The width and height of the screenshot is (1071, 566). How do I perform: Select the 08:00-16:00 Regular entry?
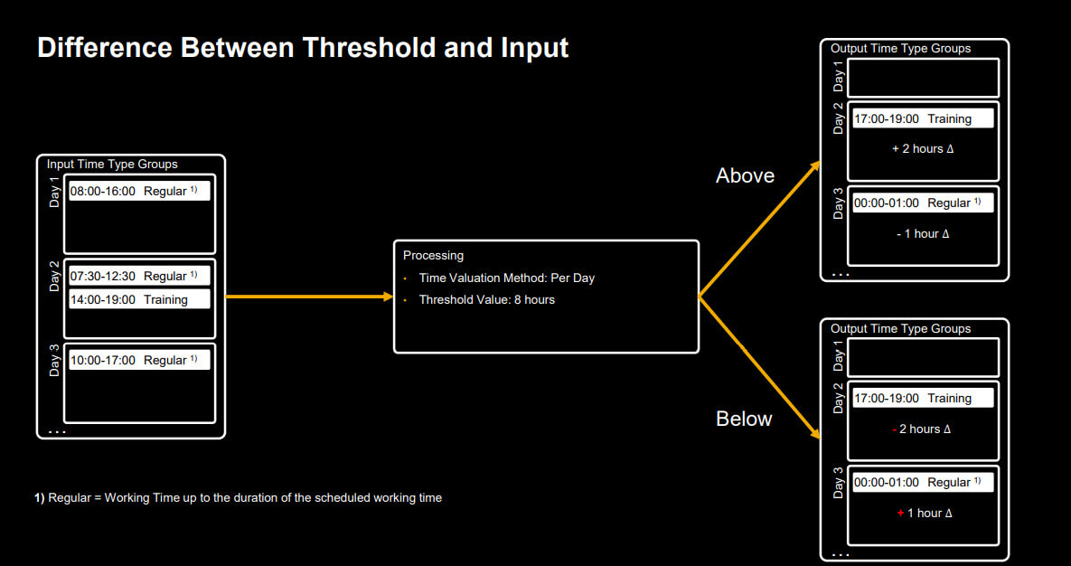click(139, 192)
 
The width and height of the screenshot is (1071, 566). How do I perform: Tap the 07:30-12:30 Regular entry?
click(139, 276)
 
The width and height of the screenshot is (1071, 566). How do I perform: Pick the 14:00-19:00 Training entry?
click(139, 299)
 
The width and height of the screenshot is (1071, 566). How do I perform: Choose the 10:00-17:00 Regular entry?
click(139, 360)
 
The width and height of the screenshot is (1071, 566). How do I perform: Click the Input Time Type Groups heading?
click(112, 164)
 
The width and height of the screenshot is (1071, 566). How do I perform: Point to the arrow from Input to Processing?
click(309, 297)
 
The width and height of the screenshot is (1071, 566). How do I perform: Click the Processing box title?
click(433, 256)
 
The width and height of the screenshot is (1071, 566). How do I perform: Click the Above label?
click(746, 175)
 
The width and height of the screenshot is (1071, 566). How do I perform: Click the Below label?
click(744, 419)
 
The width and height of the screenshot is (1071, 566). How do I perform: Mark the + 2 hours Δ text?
click(923, 149)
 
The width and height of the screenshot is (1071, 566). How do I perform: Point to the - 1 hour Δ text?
click(923, 234)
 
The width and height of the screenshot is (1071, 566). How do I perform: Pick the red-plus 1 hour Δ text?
click(925, 514)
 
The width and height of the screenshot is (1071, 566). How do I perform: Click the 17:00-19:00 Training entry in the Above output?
click(923, 119)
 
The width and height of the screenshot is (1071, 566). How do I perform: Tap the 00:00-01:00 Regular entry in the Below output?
click(923, 483)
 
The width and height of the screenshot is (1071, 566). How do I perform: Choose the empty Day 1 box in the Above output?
click(924, 58)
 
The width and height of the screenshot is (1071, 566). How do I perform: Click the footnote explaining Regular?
click(239, 497)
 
